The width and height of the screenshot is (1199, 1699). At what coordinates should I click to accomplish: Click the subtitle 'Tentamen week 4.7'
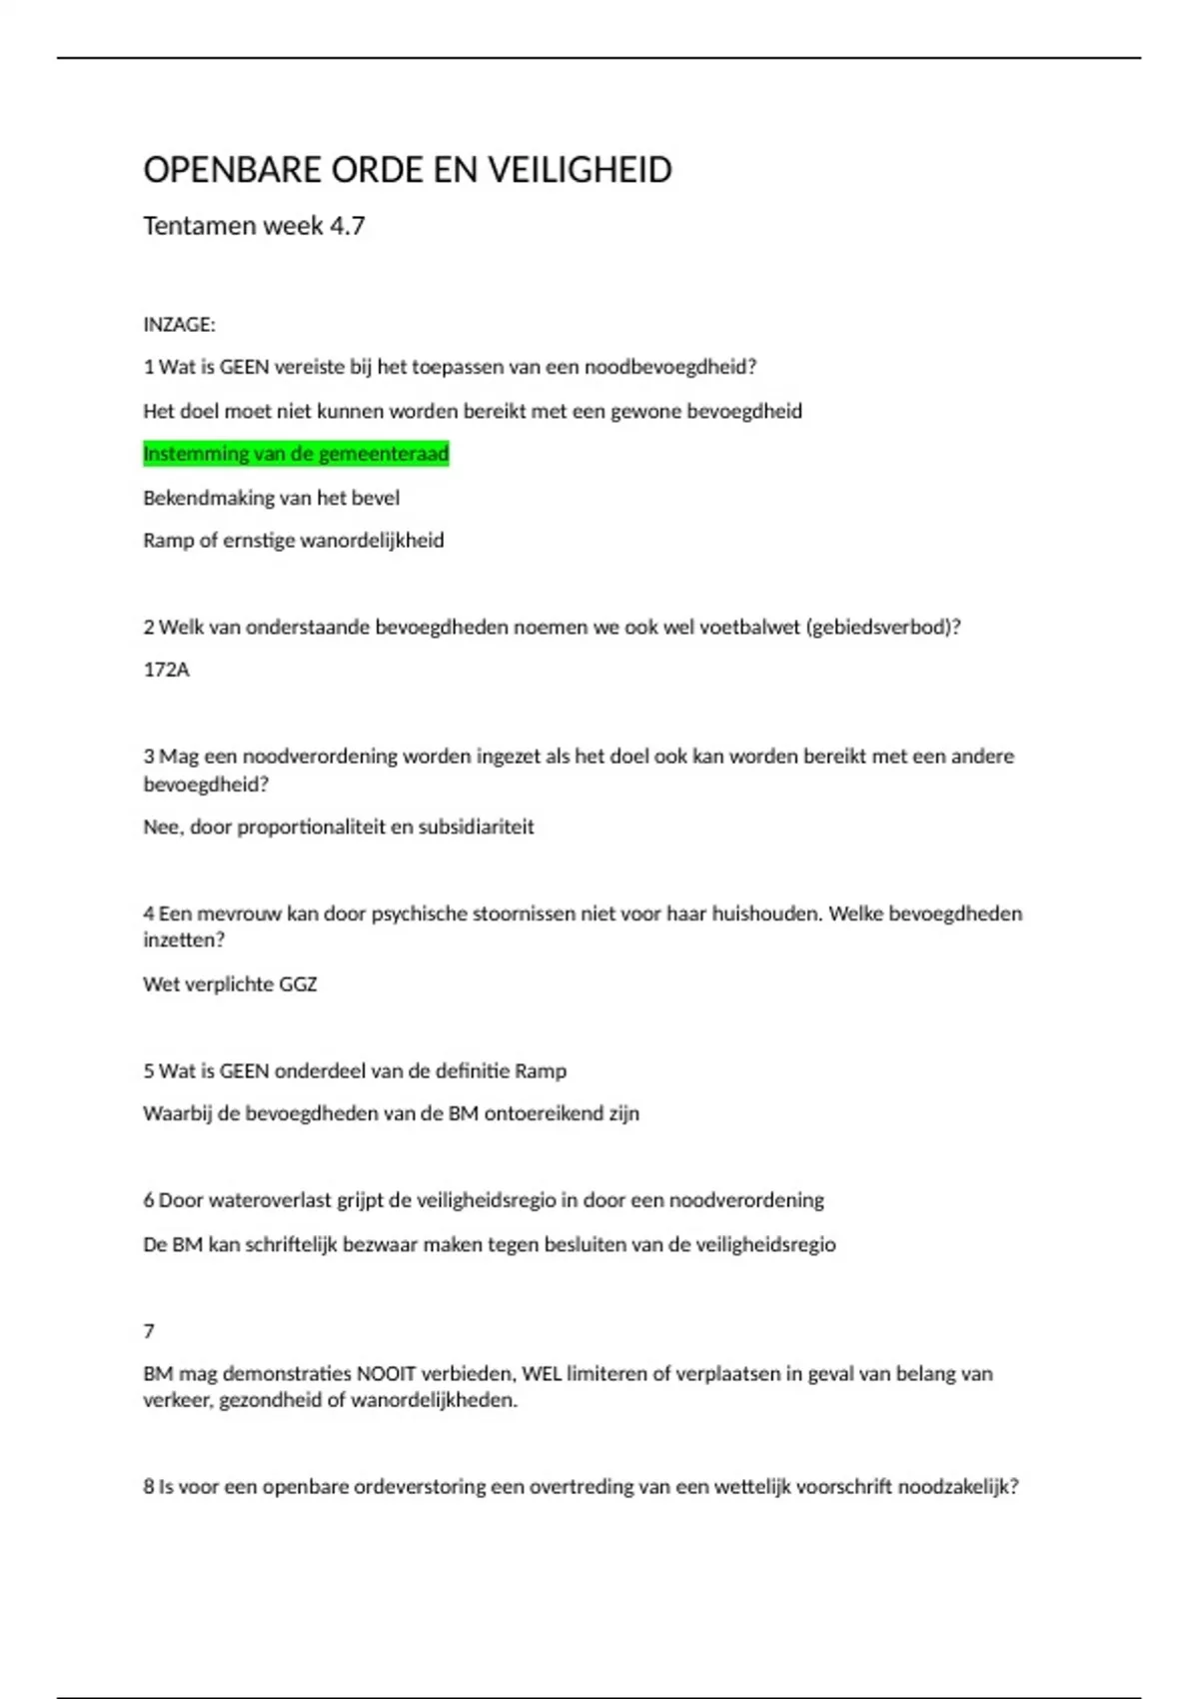coord(254,226)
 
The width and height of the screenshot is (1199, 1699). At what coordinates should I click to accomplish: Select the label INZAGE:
coord(179,325)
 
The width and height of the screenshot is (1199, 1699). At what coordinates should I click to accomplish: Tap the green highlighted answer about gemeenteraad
coord(296,454)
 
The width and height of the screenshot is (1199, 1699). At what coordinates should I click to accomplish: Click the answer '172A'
coord(166,670)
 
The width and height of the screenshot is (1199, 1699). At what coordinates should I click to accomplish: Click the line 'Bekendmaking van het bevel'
coord(271,498)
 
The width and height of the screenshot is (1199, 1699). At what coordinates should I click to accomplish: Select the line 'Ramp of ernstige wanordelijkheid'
coord(294,541)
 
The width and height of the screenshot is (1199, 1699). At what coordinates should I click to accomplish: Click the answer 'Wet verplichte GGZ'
coord(230,984)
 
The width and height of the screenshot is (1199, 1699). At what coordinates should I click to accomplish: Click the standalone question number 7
coord(149,1331)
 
